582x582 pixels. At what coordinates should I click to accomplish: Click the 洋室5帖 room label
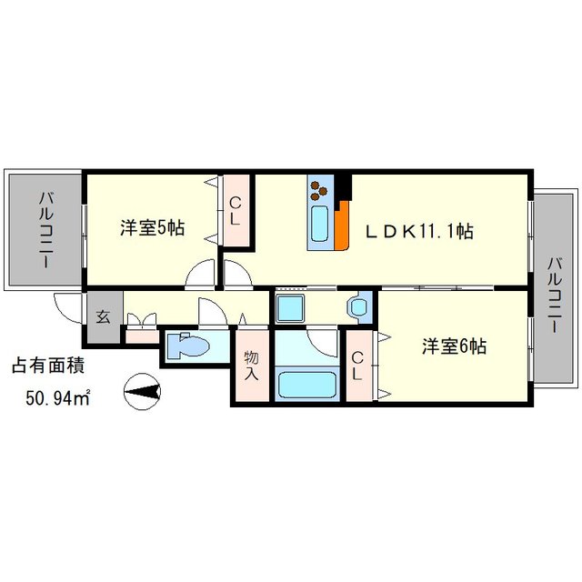tap(153, 227)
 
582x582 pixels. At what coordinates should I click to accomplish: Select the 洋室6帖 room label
tap(454, 346)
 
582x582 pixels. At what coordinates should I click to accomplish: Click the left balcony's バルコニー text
tap(45, 228)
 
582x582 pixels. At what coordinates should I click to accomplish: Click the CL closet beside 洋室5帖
tap(235, 211)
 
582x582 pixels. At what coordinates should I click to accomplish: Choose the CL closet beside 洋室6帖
tap(358, 366)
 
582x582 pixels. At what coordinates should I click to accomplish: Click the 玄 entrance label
tap(103, 317)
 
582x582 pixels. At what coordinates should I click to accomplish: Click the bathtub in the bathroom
tap(306, 383)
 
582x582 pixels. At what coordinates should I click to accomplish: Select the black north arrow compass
tap(142, 392)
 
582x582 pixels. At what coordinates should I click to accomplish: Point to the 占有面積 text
tap(48, 366)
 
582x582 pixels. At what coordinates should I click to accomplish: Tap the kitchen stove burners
tap(320, 191)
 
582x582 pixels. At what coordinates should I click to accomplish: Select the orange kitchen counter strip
tap(342, 227)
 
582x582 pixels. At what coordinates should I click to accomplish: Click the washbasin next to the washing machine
tap(358, 306)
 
